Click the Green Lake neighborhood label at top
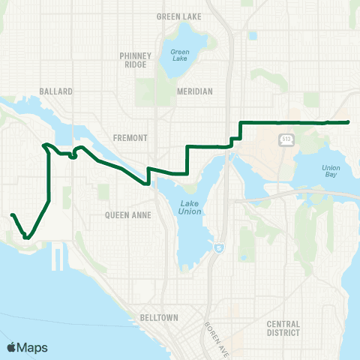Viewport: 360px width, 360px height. [175, 16]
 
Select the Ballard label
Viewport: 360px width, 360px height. [56, 91]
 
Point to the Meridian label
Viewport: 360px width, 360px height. [196, 91]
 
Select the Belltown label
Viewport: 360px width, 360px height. [158, 318]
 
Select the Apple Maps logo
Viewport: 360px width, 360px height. [27, 347]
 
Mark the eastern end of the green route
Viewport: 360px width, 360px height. [349, 121]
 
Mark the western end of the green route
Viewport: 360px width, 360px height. [11, 215]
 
